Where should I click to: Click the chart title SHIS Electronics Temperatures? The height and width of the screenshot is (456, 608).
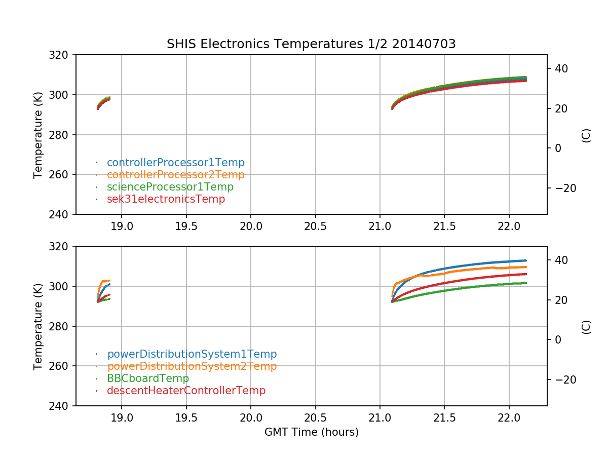tap(264, 44)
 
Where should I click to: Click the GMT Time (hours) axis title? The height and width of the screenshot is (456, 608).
tap(311, 432)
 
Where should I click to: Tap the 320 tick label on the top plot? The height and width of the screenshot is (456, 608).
tap(58, 55)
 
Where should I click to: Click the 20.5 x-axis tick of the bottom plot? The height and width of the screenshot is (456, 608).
tap(315, 417)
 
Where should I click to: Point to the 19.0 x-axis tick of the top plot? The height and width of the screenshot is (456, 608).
tap(122, 226)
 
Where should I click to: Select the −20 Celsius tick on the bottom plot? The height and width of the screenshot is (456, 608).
tap(565, 379)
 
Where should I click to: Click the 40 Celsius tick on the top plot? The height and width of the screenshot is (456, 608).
tap(561, 68)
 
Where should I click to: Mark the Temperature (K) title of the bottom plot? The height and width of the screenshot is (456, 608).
tap(37, 326)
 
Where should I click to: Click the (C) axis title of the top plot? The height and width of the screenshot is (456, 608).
tap(586, 136)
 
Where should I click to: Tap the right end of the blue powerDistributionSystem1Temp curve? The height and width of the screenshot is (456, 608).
tap(526, 260)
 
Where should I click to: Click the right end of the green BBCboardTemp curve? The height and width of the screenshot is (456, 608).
tap(526, 283)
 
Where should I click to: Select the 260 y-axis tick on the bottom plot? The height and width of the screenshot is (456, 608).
tap(58, 366)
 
